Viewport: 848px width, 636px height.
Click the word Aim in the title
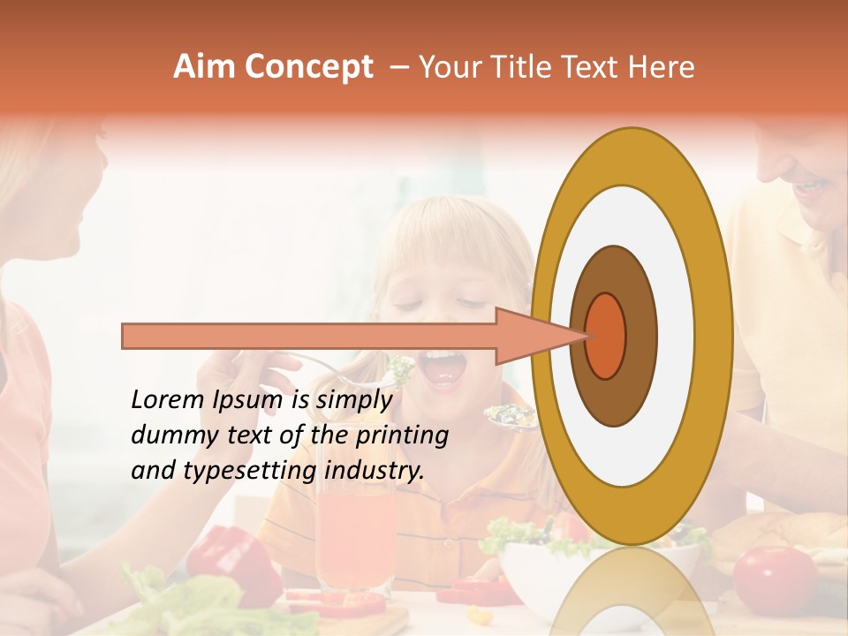[205, 67]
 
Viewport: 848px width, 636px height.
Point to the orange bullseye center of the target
[606, 336]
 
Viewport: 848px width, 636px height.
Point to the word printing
[402, 436]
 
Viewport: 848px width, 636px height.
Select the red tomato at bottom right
[775, 579]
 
